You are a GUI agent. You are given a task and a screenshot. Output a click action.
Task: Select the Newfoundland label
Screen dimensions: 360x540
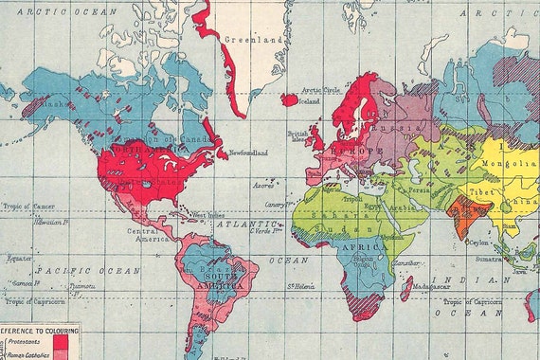tap(248, 153)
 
